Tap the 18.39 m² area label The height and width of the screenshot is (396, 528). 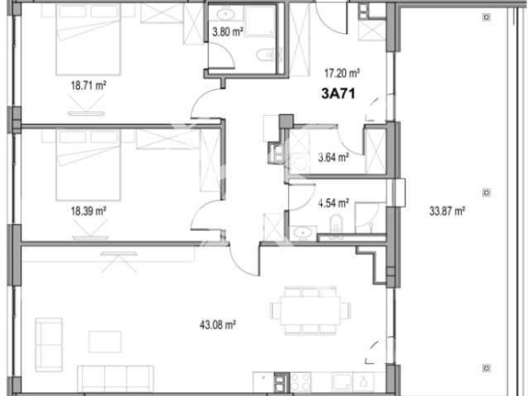(x=88, y=211)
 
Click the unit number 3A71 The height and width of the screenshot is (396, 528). (x=339, y=92)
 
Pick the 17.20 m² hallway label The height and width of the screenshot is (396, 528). (x=342, y=74)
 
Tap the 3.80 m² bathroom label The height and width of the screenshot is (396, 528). (x=227, y=36)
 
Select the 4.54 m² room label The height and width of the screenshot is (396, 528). (x=333, y=202)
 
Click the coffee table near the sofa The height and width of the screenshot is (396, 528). (x=104, y=341)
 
